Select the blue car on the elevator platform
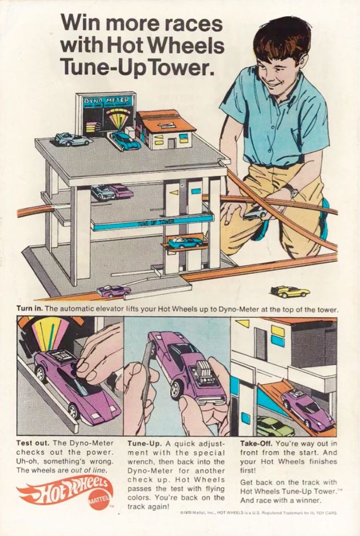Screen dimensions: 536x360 tap(185, 242)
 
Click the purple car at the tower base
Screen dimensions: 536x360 tap(114, 291)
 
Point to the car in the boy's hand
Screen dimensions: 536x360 tap(255, 213)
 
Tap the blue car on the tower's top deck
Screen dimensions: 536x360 tap(125, 140)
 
